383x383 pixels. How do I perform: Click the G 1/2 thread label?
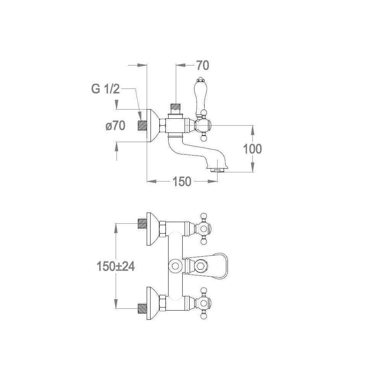coord(106,89)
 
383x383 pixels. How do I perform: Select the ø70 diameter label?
coord(115,126)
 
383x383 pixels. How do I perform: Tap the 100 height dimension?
coord(252,149)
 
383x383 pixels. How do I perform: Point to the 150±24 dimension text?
coord(116,266)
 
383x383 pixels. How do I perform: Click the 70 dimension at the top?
coord(203,65)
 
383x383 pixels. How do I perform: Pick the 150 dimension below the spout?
coord(182,182)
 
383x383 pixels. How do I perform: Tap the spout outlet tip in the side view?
coord(218,169)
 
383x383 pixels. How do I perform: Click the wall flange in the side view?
coord(153,125)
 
